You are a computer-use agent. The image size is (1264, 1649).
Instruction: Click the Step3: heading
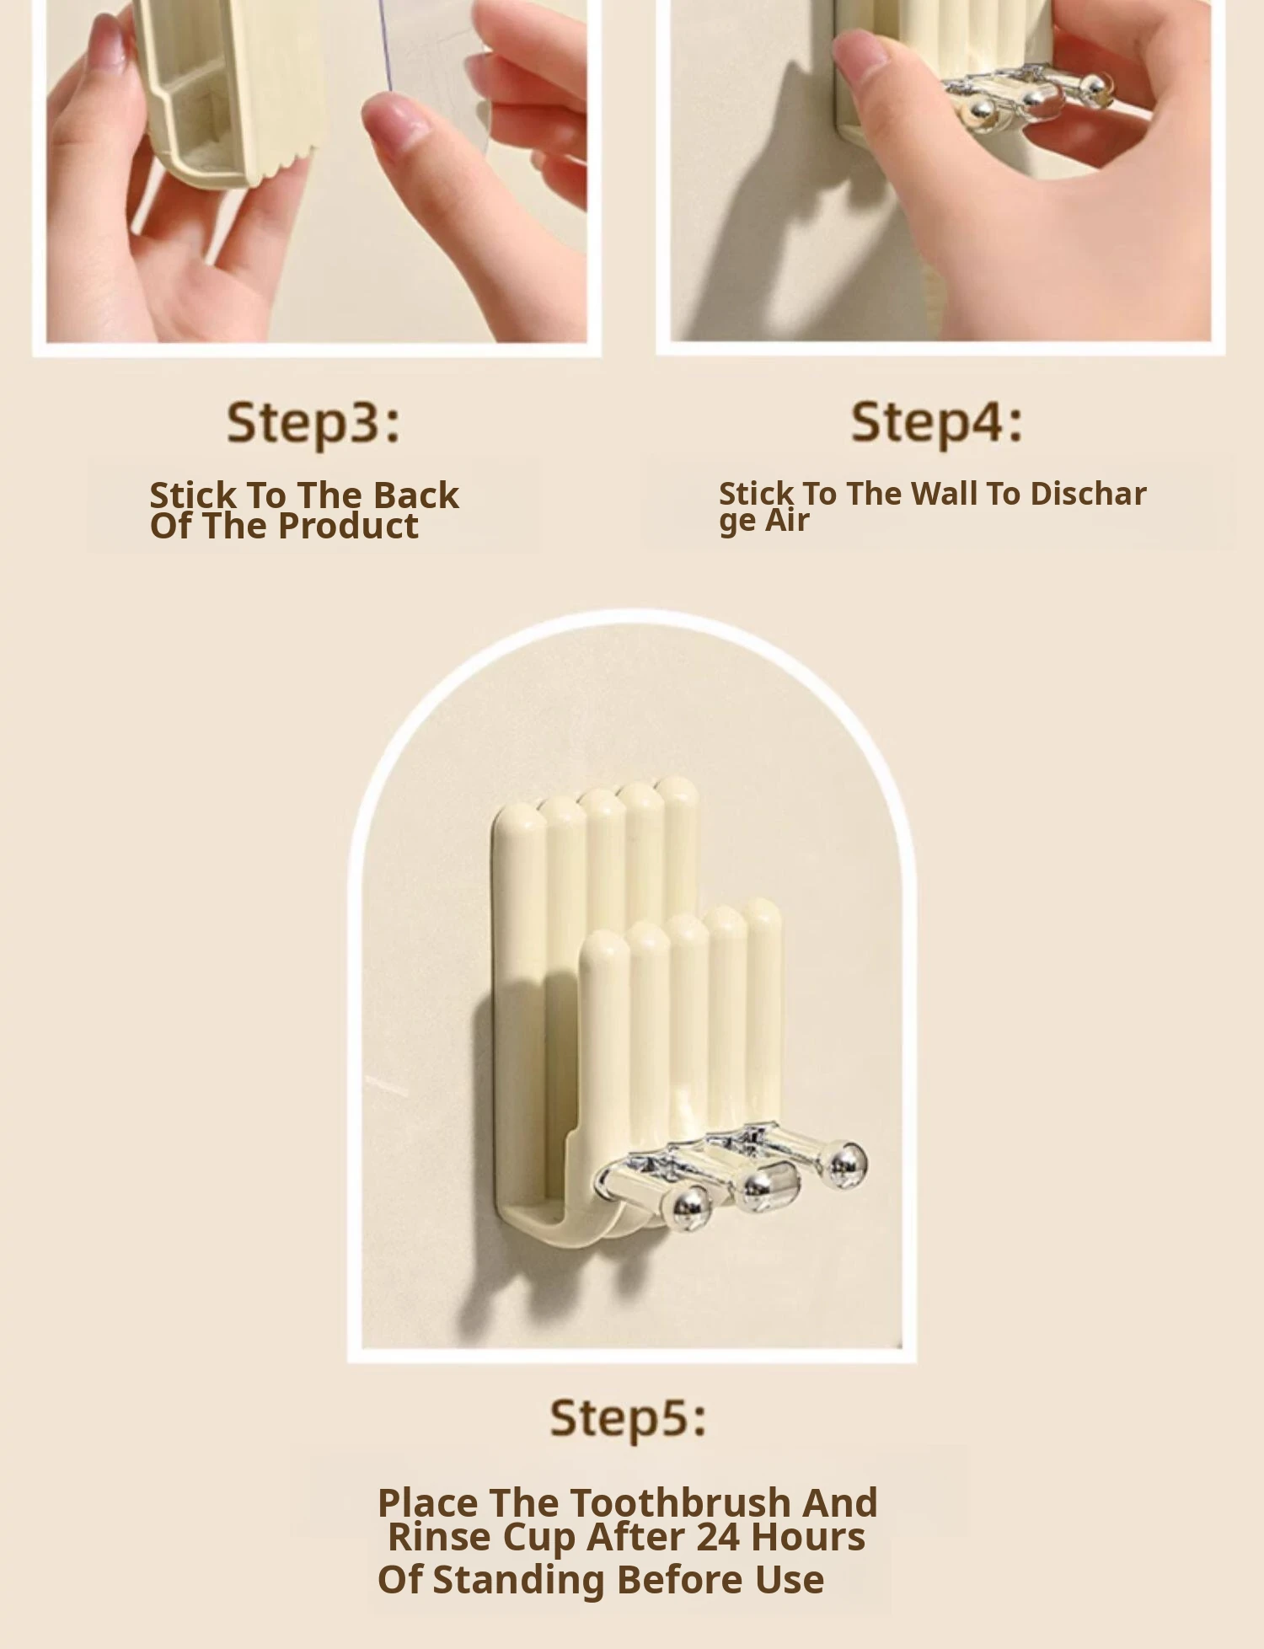point(313,423)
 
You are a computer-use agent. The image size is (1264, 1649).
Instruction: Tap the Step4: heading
point(936,422)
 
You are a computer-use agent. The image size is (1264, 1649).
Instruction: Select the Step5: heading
point(628,1418)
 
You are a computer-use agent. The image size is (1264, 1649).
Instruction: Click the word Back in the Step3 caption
point(416,495)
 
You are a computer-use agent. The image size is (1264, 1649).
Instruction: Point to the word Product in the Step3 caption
point(348,527)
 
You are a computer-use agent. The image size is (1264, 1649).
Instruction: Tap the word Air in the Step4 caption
point(787,520)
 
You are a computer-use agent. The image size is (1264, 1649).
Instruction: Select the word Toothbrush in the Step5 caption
point(681,1503)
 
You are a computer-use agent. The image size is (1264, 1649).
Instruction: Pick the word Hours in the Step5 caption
point(807,1537)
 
